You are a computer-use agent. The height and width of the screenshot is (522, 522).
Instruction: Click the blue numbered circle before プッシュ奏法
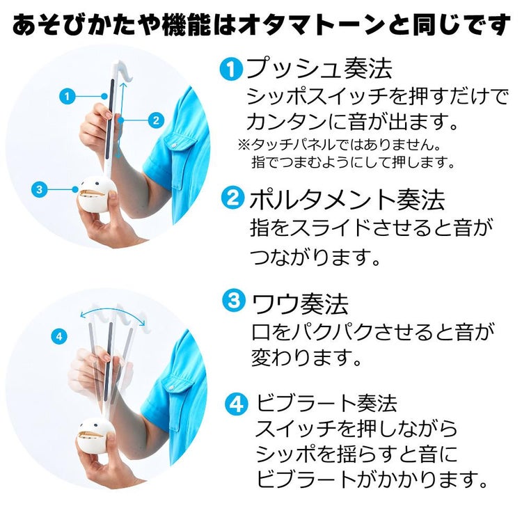coord(232,69)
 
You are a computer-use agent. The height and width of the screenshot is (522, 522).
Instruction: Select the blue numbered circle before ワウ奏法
coord(234,300)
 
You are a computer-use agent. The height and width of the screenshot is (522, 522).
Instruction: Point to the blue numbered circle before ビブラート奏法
coord(237,404)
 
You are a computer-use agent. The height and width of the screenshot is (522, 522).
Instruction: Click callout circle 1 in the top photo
coord(68,96)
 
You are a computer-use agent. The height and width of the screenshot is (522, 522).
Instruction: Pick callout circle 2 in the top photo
coord(156,120)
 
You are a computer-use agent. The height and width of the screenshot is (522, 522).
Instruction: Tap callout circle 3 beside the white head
coord(39,189)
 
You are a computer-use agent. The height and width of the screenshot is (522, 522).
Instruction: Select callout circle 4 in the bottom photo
coord(59,336)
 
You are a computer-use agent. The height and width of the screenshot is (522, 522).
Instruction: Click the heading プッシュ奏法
coord(319,69)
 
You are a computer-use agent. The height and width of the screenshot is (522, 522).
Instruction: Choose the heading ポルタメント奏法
coord(347,199)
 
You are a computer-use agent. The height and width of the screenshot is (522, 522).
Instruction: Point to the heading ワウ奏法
coord(301,303)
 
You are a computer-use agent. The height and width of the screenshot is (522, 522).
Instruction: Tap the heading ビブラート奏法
coord(326,403)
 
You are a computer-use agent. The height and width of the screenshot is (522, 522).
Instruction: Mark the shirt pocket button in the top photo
coord(173,146)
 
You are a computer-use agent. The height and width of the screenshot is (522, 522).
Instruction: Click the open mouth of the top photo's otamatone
coord(89,193)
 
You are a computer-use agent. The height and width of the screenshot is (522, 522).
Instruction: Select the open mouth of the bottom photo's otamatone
coord(90,435)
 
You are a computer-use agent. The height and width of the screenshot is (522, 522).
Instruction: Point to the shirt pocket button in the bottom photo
coord(172,388)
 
